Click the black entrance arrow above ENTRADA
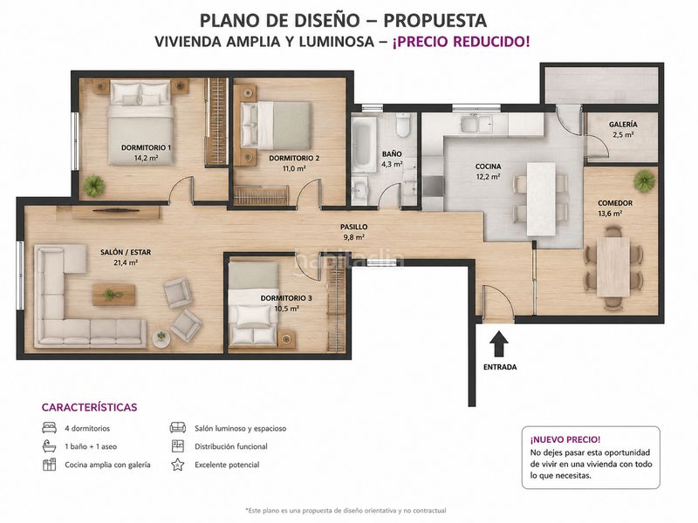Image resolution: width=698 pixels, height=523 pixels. (499, 343)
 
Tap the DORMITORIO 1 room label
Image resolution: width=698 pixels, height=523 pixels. (146, 147)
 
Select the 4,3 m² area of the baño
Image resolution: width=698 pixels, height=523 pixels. (392, 164)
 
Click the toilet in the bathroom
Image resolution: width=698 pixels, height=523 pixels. (403, 125)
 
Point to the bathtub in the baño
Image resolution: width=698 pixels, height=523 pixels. (364, 144)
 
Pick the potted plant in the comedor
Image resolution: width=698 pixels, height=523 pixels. (644, 181)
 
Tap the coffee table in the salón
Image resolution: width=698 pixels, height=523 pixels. (114, 295)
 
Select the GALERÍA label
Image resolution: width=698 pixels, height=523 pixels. (623, 125)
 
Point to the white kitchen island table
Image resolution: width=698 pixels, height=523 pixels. (541, 199)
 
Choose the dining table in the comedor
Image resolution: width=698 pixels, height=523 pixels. (613, 267)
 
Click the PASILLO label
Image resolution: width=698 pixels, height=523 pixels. (354, 227)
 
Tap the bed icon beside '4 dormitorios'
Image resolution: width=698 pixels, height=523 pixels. (49, 428)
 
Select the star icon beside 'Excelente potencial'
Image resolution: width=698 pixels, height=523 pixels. (178, 465)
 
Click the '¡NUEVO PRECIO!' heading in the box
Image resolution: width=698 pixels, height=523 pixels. (565, 440)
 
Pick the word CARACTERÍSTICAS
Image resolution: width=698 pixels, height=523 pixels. (90, 407)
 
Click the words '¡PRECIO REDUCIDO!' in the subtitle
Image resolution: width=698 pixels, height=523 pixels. (462, 42)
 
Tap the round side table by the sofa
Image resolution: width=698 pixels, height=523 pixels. (161, 338)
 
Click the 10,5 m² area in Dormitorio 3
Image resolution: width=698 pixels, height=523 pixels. (287, 309)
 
